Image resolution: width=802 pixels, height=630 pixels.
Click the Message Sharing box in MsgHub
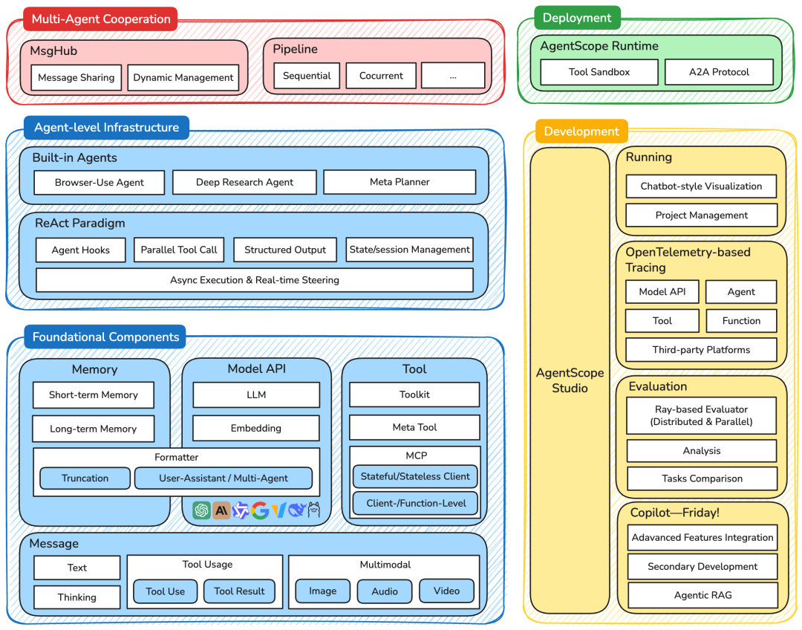[x=76, y=77]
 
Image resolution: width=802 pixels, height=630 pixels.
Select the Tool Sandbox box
[x=599, y=72]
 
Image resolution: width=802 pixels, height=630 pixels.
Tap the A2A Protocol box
[x=719, y=72]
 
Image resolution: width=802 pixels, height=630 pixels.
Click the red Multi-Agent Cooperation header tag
[x=101, y=19]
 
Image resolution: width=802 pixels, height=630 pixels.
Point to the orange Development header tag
[x=581, y=131]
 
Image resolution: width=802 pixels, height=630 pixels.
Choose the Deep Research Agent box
[x=244, y=182]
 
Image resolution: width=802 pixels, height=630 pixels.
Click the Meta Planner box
[x=400, y=182]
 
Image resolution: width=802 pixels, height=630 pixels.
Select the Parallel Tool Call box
[x=179, y=250]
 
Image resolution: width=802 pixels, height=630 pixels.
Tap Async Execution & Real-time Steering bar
[x=255, y=280]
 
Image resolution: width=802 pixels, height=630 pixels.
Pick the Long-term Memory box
[x=94, y=429]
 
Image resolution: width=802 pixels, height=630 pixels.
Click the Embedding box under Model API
[x=256, y=428]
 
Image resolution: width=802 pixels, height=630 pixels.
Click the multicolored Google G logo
[x=260, y=510]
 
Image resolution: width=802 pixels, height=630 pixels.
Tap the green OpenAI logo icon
[x=201, y=510]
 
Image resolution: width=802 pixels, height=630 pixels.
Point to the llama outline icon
[x=313, y=510]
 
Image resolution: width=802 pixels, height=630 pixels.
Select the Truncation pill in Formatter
[x=85, y=478]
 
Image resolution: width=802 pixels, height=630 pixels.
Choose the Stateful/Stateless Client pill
[x=414, y=476]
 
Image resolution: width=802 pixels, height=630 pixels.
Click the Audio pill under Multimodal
[x=384, y=591]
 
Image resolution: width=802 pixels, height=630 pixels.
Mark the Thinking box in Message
[x=77, y=597]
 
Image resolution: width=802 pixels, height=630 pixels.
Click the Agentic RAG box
[x=702, y=595]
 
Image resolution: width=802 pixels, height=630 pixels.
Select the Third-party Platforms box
[x=701, y=350]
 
